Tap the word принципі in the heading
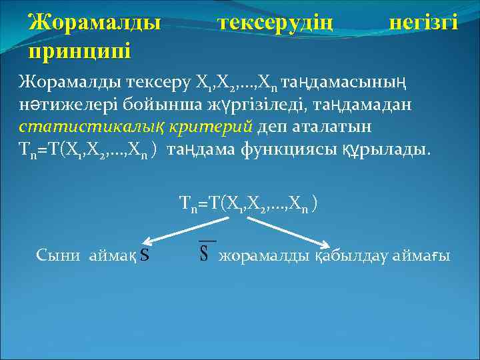pos(79,50)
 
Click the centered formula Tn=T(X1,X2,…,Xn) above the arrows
pos(248,203)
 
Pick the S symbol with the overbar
pos(206,253)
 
